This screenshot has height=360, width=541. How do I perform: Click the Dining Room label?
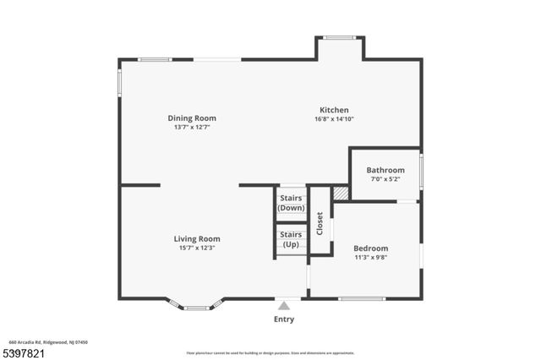point(192,118)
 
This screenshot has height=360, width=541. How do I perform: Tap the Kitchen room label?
point(334,110)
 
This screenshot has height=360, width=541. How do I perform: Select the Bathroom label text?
point(385,170)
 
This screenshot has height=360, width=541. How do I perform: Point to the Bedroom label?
point(370,248)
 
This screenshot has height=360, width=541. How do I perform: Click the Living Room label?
point(197,238)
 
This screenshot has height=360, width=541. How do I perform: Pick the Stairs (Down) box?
point(291,203)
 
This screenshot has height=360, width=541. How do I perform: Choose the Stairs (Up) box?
point(291,239)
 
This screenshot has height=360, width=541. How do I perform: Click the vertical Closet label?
point(320,224)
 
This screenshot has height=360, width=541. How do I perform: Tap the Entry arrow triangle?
point(284,305)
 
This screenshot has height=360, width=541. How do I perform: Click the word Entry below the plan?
point(284,319)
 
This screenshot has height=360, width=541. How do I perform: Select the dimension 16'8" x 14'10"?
point(334,119)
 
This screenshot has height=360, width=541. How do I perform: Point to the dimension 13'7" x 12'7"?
point(192,128)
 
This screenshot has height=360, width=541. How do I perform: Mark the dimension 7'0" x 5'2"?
point(385,179)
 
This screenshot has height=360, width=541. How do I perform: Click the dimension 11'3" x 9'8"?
point(370,258)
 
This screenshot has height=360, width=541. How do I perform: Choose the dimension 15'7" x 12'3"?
point(197,248)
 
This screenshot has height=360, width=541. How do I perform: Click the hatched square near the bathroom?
point(340,194)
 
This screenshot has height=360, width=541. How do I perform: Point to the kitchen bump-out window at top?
point(340,37)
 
